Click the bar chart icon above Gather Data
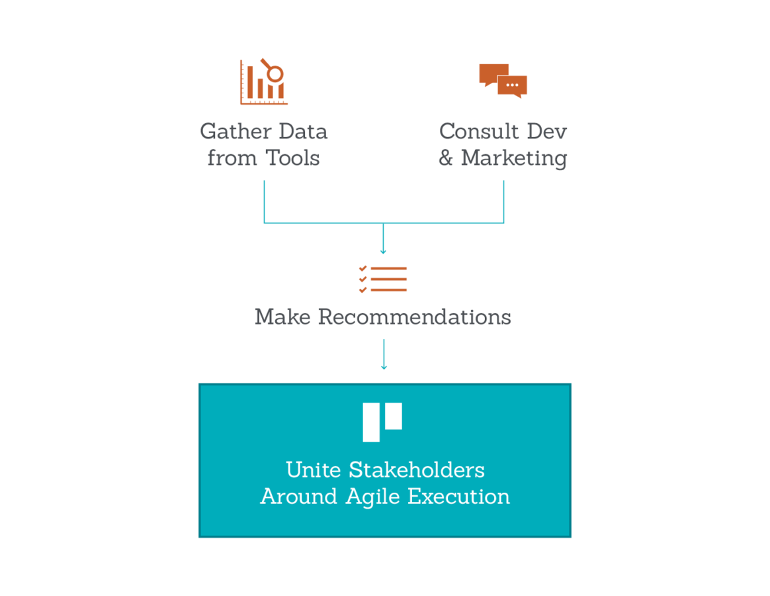[x=263, y=82]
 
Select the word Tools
[x=292, y=158]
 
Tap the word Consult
[x=477, y=131]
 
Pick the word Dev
[x=546, y=131]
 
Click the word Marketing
[x=514, y=158]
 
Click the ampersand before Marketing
[x=446, y=159]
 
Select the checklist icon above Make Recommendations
[x=383, y=279]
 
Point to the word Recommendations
[x=414, y=317]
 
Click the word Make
[x=282, y=317]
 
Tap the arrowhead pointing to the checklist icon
[x=383, y=250]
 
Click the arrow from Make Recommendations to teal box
[x=384, y=354]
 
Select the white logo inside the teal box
[x=382, y=422]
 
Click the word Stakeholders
[x=417, y=470]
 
